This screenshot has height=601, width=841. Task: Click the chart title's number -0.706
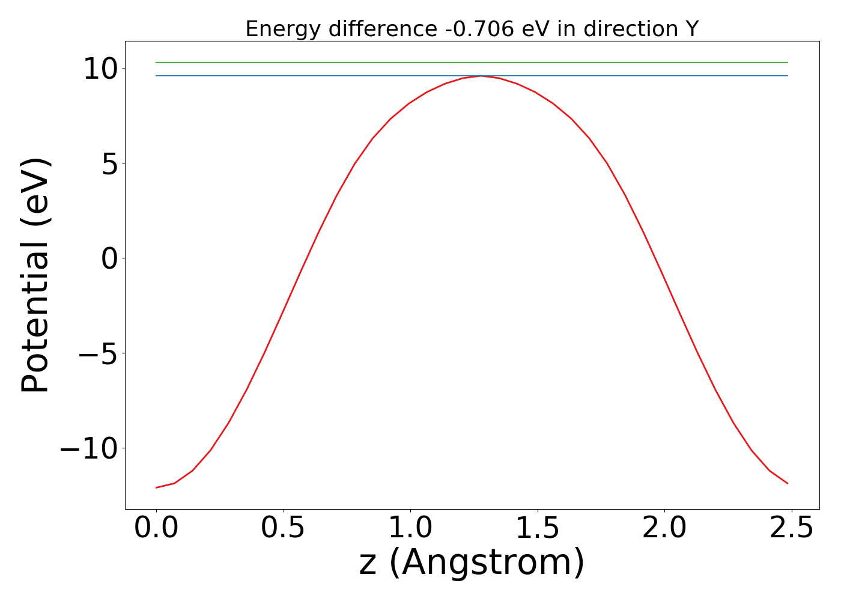pyautogui.click(x=479, y=29)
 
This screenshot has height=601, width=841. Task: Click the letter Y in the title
pyautogui.click(x=692, y=29)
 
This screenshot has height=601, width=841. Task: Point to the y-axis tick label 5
pyautogui.click(x=109, y=164)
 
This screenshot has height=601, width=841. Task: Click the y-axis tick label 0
pyautogui.click(x=109, y=259)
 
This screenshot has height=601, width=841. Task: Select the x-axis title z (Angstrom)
pyautogui.click(x=472, y=564)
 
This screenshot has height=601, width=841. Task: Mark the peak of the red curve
pyautogui.click(x=481, y=76)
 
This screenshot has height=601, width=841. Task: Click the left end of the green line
pyautogui.click(x=156, y=63)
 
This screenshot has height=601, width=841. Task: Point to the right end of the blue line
pyautogui.click(x=788, y=76)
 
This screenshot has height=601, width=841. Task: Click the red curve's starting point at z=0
pyautogui.click(x=156, y=487)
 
